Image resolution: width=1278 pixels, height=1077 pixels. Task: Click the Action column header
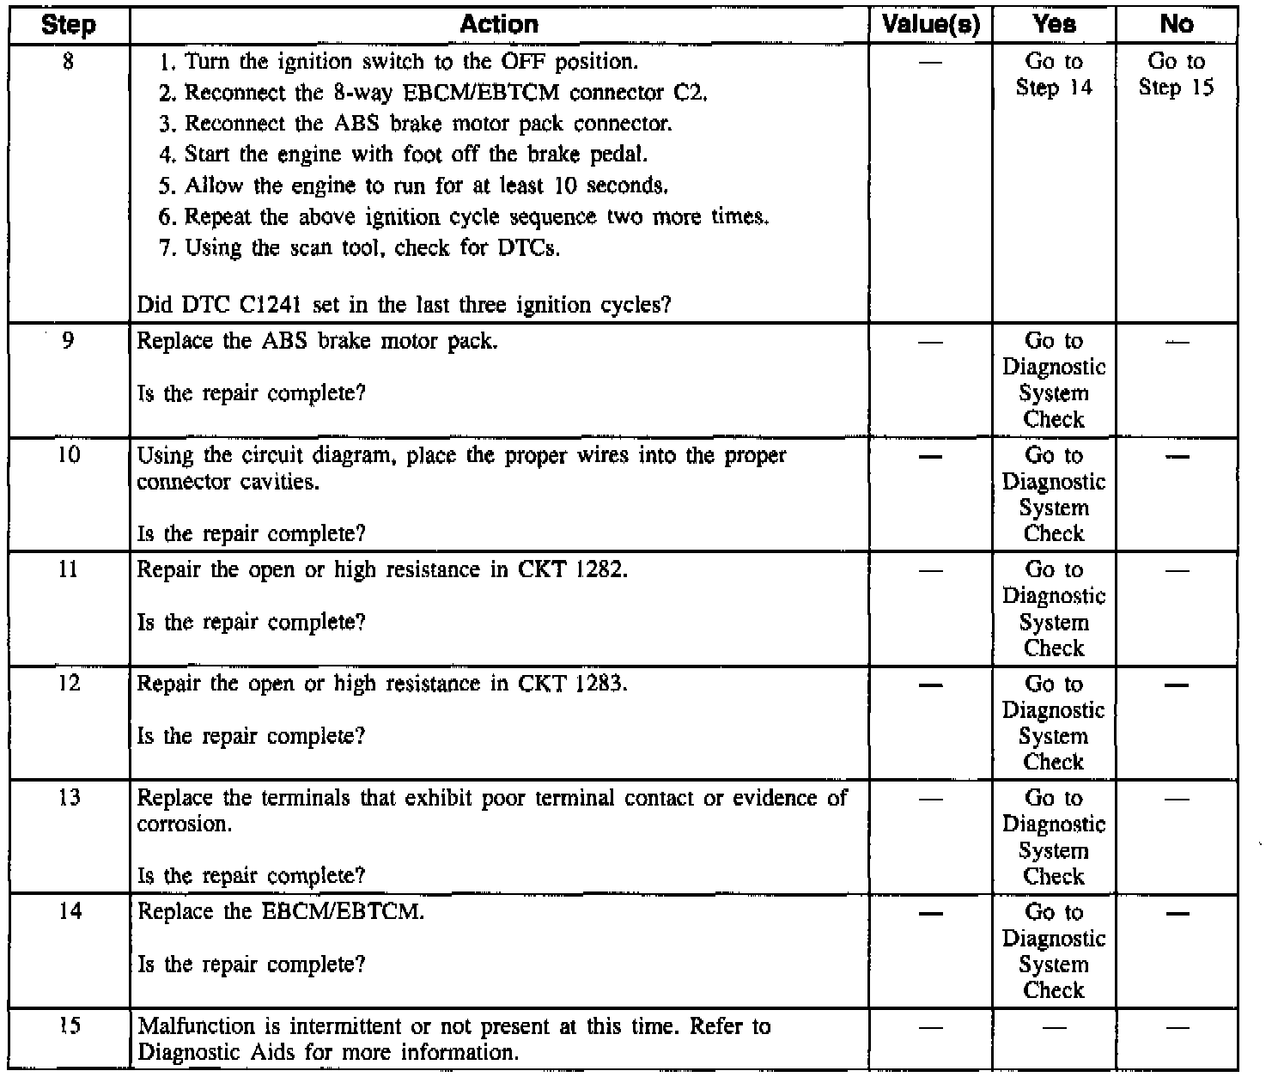(499, 25)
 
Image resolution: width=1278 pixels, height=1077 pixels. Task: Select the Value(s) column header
(931, 25)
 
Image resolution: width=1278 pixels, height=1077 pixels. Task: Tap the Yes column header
(1054, 25)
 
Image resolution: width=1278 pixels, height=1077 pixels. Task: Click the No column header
(1177, 25)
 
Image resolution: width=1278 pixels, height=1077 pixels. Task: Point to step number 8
(68, 62)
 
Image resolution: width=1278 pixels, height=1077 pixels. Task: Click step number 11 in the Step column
(68, 569)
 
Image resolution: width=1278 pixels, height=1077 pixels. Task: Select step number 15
(68, 1025)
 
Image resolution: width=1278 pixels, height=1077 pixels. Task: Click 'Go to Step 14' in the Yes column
(1054, 75)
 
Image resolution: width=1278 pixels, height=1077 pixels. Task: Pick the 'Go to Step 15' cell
(1177, 75)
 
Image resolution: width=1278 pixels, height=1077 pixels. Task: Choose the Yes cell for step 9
(1054, 380)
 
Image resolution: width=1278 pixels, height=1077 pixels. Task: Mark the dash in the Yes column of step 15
(1054, 1027)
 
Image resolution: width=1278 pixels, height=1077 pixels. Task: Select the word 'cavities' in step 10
(280, 482)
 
